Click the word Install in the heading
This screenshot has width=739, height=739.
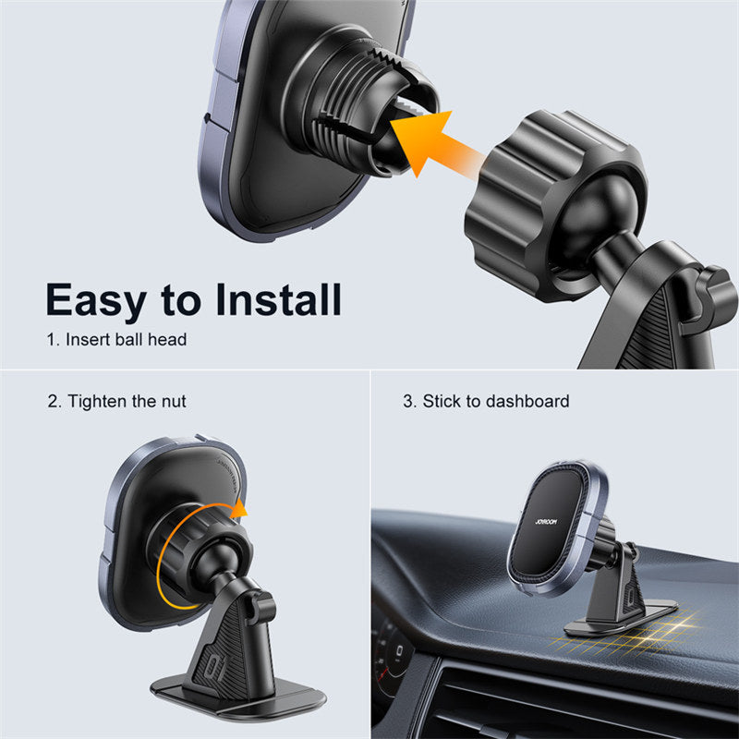279,299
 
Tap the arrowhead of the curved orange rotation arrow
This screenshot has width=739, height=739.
239,509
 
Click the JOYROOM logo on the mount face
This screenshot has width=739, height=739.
546,521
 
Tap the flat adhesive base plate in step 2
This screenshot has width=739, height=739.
238,697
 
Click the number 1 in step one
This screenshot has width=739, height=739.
51,340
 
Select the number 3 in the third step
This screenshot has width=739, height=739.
408,402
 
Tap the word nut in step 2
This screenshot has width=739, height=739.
174,402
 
